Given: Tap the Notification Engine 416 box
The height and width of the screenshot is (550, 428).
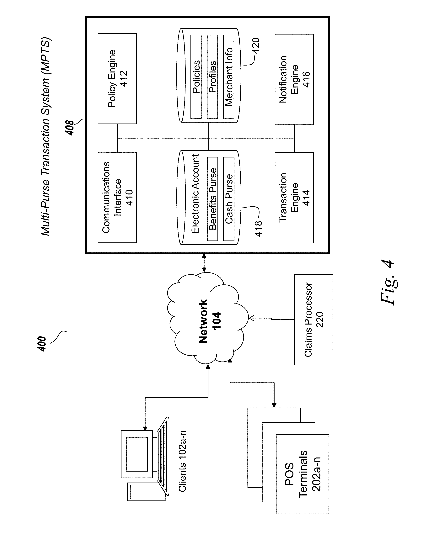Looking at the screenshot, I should [x=294, y=79].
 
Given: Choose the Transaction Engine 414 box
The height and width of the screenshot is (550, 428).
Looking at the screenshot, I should [x=294, y=198].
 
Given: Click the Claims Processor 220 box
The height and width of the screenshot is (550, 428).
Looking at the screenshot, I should [x=314, y=320].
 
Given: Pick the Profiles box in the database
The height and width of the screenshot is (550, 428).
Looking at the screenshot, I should [x=212, y=77].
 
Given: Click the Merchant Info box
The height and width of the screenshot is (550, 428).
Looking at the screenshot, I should [x=228, y=77].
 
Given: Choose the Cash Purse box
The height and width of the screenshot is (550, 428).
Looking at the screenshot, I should [x=229, y=199].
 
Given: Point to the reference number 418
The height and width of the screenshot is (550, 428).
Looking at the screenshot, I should [x=258, y=229].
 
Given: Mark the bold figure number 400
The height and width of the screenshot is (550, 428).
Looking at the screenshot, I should [x=42, y=344].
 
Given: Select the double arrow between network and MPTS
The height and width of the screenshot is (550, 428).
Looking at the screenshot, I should [x=204, y=263].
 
